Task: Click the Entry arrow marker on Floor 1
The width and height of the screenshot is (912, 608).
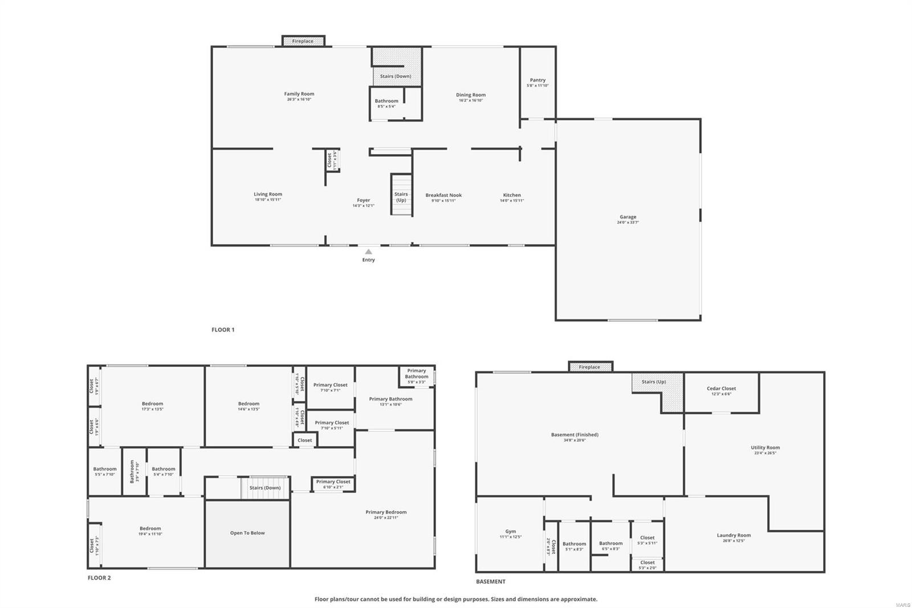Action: click(369, 252)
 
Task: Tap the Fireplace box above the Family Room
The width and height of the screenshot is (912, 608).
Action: click(303, 41)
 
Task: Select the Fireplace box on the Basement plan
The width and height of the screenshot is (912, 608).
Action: click(589, 367)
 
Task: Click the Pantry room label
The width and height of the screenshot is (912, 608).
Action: click(538, 80)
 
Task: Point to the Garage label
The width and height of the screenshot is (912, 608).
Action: click(628, 217)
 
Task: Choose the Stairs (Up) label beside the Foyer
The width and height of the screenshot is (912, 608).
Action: click(401, 197)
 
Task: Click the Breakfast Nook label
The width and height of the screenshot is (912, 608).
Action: click(443, 195)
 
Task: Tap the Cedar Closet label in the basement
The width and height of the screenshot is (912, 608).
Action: click(721, 388)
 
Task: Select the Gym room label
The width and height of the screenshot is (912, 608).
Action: click(510, 532)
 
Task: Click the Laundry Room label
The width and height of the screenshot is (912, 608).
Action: click(734, 535)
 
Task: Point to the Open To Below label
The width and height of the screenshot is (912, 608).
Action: click(247, 533)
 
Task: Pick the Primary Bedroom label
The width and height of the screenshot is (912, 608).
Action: click(386, 512)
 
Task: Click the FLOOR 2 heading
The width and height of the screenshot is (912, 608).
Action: click(99, 578)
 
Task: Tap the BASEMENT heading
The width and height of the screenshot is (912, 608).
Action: click(491, 582)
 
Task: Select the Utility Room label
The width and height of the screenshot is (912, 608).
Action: click(765, 448)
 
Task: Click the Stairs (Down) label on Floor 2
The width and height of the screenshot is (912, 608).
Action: click(265, 488)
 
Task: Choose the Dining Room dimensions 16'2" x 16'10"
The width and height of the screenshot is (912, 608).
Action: click(471, 100)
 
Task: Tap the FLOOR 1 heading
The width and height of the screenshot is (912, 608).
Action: click(223, 330)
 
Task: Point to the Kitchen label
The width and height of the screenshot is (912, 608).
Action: click(512, 195)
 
